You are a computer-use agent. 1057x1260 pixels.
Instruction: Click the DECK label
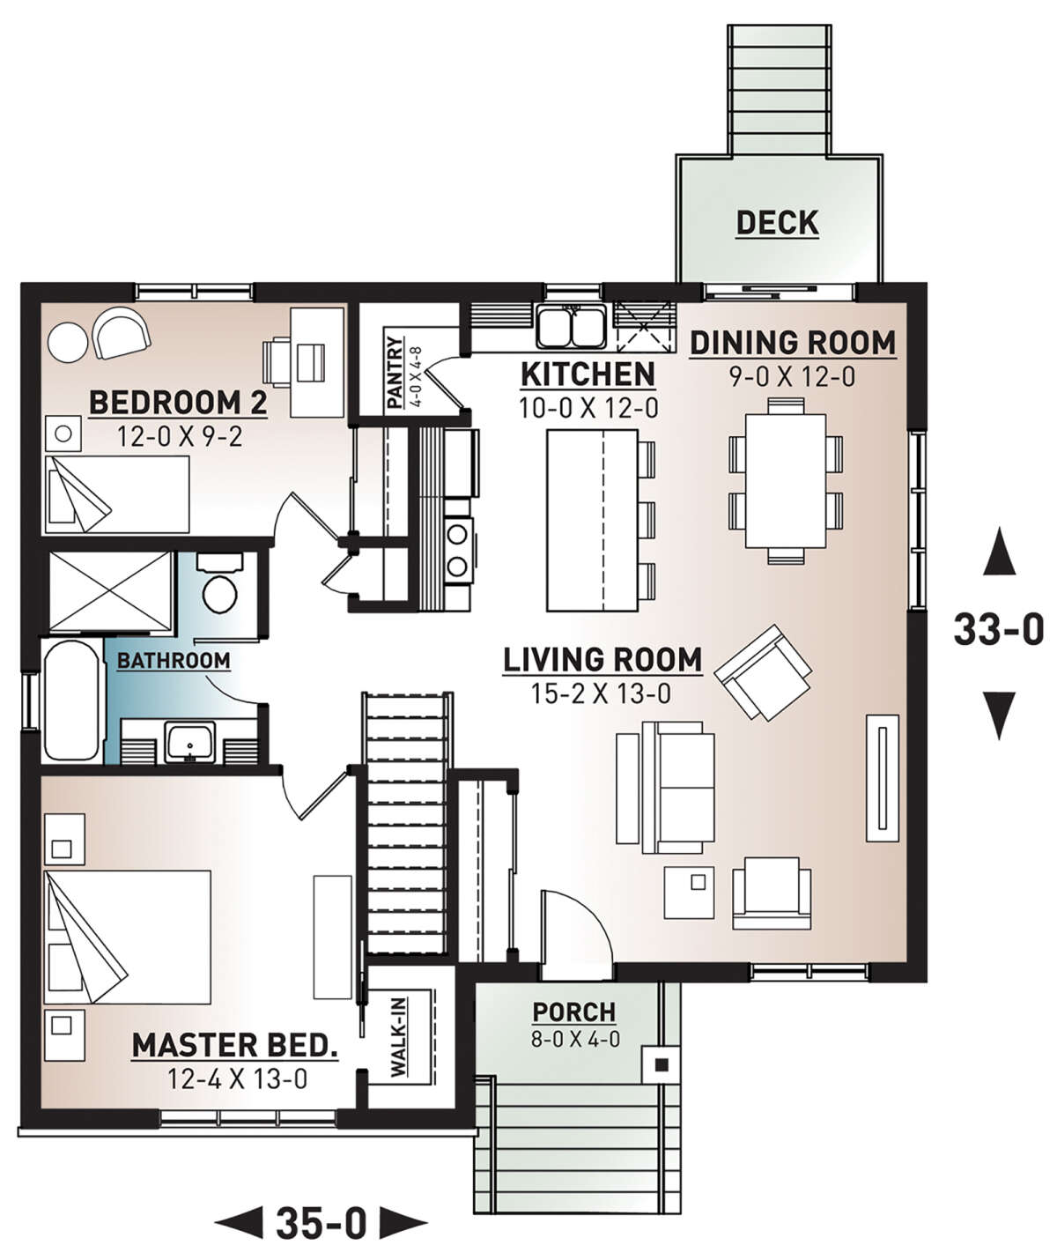(x=777, y=223)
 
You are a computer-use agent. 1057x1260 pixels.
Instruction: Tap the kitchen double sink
(x=571, y=327)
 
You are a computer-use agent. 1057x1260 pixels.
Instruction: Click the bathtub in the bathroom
(x=72, y=700)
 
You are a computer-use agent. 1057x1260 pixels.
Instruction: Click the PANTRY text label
(x=395, y=373)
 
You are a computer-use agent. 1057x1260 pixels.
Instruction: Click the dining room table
(x=786, y=481)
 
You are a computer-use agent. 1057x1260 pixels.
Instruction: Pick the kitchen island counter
(x=592, y=520)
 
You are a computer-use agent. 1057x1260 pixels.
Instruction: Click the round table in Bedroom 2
(x=68, y=342)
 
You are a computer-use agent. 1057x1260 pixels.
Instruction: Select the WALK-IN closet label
(x=398, y=1038)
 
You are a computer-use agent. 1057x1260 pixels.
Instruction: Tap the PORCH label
(x=573, y=1012)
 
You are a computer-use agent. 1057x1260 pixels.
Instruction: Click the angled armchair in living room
(x=763, y=672)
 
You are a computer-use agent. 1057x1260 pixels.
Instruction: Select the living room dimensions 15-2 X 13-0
(x=601, y=694)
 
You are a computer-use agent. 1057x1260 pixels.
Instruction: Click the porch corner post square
(x=662, y=1065)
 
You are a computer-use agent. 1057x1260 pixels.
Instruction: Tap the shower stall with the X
(x=110, y=592)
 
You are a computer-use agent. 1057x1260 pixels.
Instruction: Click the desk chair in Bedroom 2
(x=277, y=362)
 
